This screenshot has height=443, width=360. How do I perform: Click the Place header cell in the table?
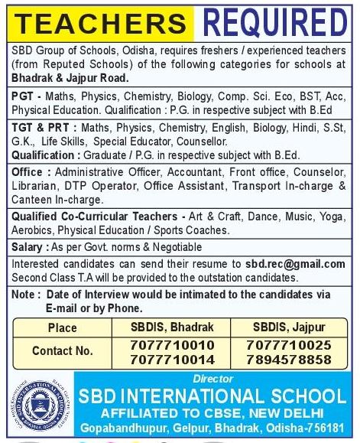(x=62, y=327)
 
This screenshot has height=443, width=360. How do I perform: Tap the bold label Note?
(x=25, y=294)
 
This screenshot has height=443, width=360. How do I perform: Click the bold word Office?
(x=28, y=173)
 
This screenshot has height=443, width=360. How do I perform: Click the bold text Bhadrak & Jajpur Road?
(x=70, y=79)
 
